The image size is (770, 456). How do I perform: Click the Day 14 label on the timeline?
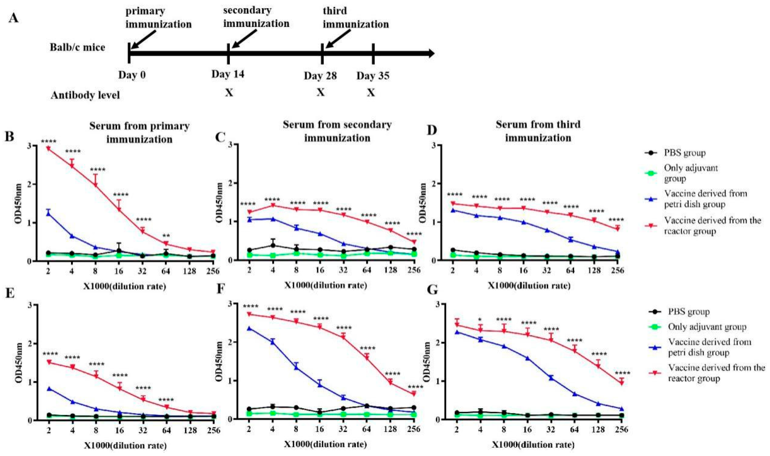click(228, 74)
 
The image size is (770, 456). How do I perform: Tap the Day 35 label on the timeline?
click(373, 76)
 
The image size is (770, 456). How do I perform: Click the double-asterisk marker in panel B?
click(166, 236)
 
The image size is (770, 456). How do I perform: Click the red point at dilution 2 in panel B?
click(48, 149)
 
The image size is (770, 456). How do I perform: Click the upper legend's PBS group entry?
click(684, 153)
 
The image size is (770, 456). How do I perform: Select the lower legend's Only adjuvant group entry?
click(707, 327)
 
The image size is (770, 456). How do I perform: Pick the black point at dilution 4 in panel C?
click(273, 245)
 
